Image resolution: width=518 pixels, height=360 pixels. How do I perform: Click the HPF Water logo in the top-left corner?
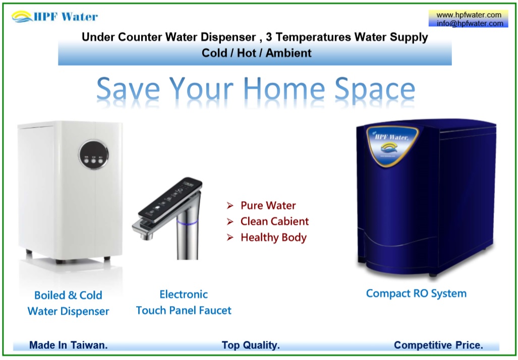point(54,17)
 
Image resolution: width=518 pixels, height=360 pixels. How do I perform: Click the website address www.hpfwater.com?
point(469,15)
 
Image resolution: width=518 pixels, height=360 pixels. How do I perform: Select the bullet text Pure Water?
point(268,205)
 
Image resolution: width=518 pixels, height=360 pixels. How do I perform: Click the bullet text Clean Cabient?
point(274,221)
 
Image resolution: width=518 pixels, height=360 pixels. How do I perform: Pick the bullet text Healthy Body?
point(273,237)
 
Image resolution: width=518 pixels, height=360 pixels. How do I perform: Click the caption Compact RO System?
point(416,293)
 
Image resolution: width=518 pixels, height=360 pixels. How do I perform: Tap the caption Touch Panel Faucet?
point(184,310)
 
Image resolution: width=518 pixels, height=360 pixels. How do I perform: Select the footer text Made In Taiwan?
point(68,345)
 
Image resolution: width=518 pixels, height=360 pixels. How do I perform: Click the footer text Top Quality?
point(251,345)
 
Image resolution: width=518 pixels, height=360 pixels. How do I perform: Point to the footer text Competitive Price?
point(438,345)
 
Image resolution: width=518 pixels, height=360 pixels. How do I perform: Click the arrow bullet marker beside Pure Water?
point(230,206)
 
